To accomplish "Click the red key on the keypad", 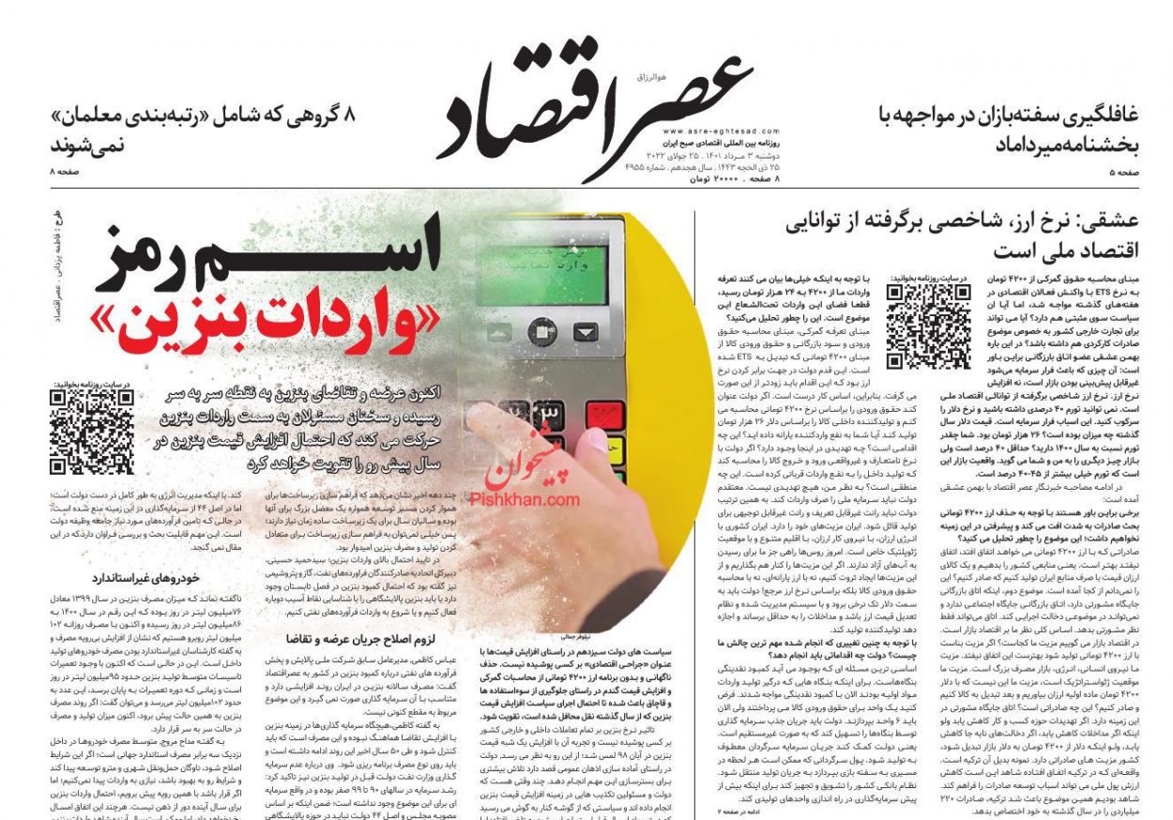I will pos(604,414).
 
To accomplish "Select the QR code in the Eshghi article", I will pos(928,326).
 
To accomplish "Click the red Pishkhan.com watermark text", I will pos(532,499).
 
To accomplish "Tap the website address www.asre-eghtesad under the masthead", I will pos(708,131).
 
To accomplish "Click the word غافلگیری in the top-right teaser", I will pos(1093,116).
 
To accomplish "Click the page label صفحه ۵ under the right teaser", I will pos(1123,173).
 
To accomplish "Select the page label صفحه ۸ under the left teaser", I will pos(67,173).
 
